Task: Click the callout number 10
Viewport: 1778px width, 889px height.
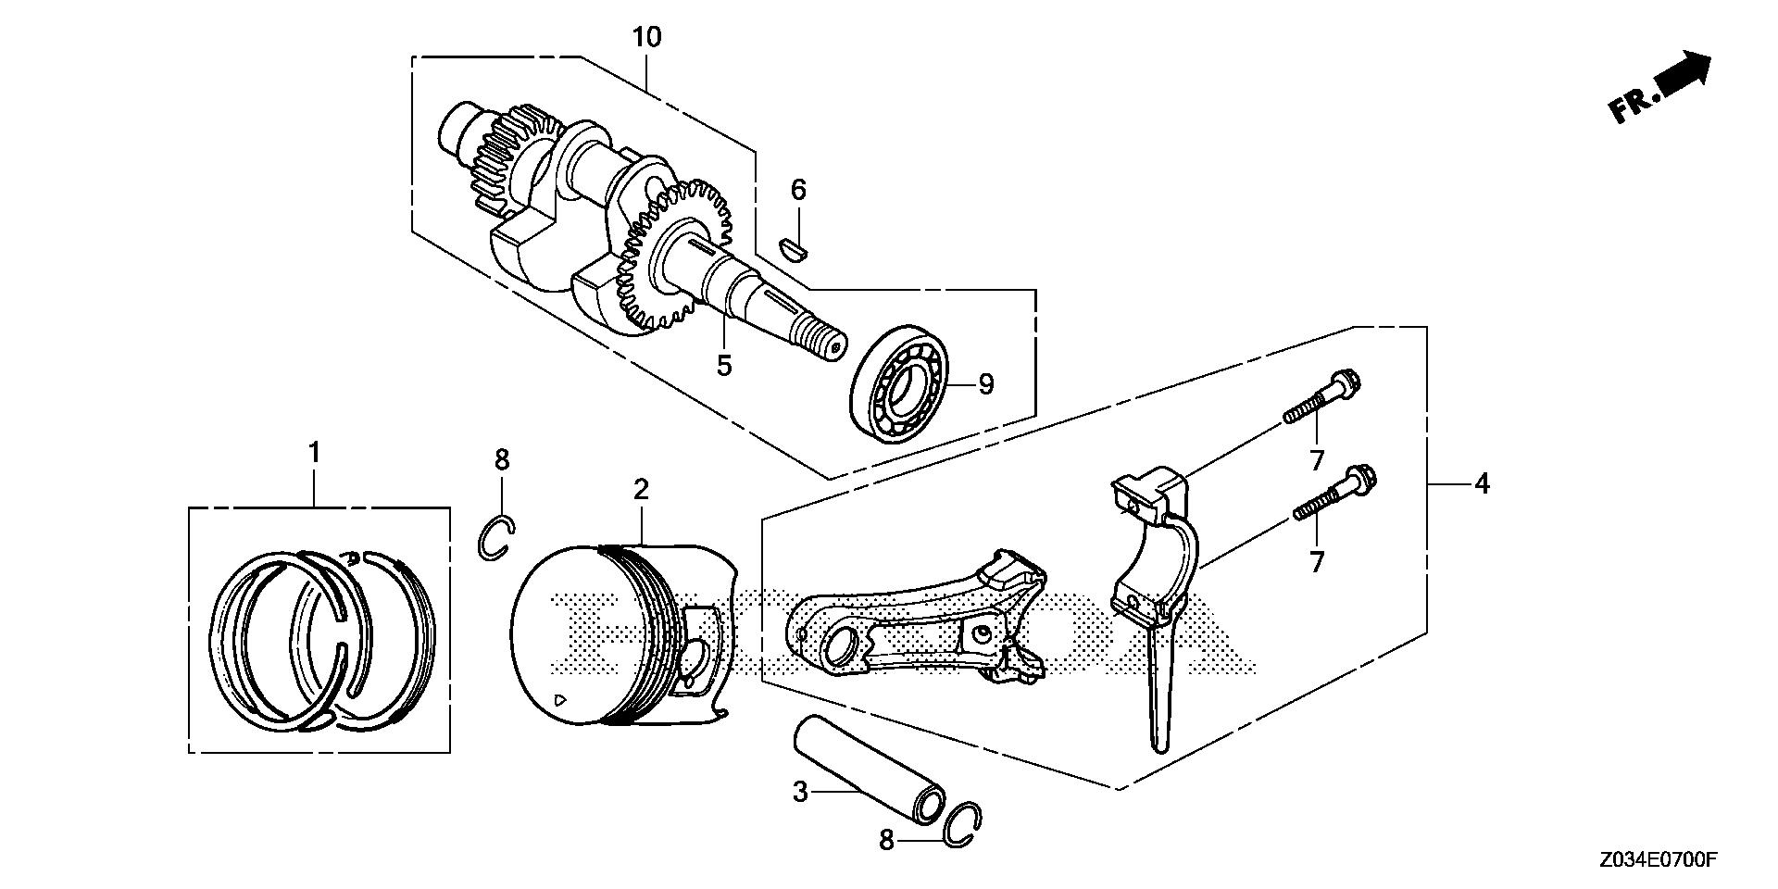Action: coord(647,38)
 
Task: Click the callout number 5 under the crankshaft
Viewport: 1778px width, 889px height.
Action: coord(723,366)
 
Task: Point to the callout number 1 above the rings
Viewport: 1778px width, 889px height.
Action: coord(314,453)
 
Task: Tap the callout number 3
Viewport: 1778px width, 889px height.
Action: coord(800,792)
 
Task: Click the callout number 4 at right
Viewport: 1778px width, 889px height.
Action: coord(1482,483)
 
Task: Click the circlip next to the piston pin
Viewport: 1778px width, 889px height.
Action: coord(966,821)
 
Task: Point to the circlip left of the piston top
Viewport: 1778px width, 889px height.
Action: coord(496,538)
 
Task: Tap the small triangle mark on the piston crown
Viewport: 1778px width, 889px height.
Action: coord(557,699)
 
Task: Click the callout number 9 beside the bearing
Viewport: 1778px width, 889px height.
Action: coord(985,383)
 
